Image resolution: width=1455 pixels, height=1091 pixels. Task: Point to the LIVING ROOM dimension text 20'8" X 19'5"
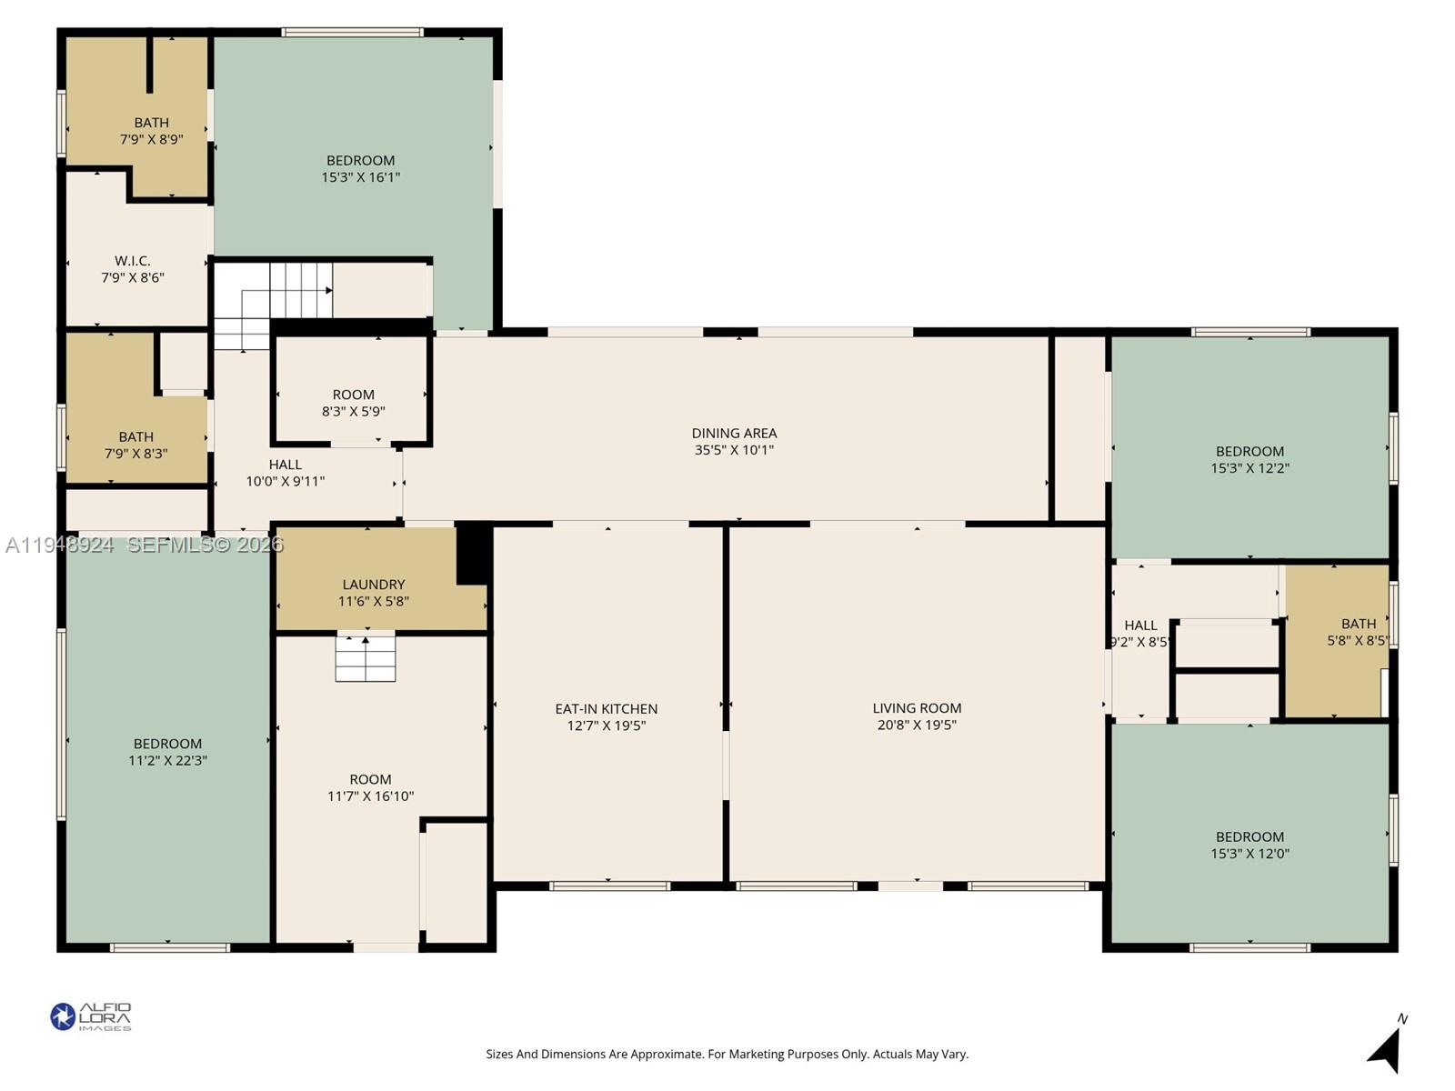pyautogui.click(x=917, y=725)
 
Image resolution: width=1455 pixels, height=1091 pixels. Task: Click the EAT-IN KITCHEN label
pyautogui.click(x=606, y=709)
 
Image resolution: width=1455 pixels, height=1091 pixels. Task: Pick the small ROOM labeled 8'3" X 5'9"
pyautogui.click(x=353, y=403)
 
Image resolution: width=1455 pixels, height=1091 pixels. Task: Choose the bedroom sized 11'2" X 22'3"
pyautogui.click(x=167, y=752)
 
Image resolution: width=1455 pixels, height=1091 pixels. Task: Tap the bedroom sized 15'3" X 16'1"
pyautogui.click(x=360, y=168)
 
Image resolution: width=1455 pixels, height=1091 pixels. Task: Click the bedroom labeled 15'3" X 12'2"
pyautogui.click(x=1249, y=459)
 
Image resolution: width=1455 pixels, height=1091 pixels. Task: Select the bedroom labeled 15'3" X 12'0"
pyautogui.click(x=1249, y=845)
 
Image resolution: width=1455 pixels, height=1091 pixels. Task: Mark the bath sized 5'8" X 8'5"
pyautogui.click(x=1357, y=632)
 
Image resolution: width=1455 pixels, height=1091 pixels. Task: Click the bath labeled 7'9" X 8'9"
pyautogui.click(x=151, y=131)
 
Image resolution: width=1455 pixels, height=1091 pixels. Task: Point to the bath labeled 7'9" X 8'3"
pyautogui.click(x=135, y=445)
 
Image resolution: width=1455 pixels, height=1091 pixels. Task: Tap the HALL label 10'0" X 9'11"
pyautogui.click(x=285, y=473)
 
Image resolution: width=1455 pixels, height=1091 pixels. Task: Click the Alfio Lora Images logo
pyautogui.click(x=90, y=1016)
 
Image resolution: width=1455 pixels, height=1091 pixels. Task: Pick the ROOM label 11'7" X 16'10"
pyautogui.click(x=370, y=787)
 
